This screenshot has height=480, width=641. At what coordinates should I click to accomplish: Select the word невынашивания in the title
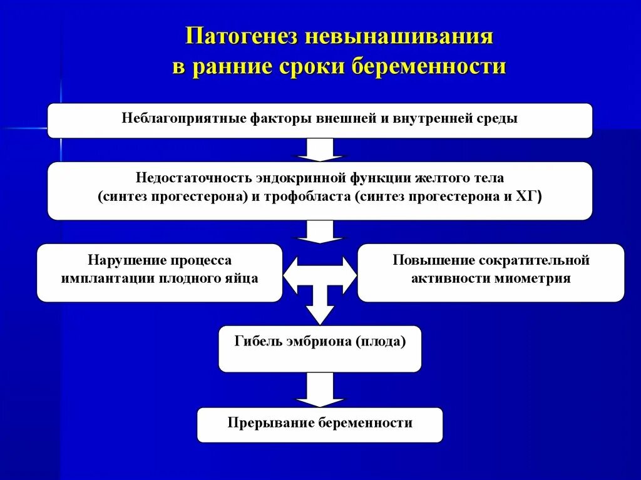coord(399,36)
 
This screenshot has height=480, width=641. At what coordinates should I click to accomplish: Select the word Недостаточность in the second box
coord(193,178)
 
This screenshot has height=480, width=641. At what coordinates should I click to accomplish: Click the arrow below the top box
coord(320,150)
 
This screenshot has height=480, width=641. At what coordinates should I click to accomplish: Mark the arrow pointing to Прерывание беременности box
coord(320,389)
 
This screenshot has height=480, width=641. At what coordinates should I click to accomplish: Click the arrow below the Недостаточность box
coord(320,231)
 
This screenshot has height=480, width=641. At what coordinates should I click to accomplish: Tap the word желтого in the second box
coord(447,178)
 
